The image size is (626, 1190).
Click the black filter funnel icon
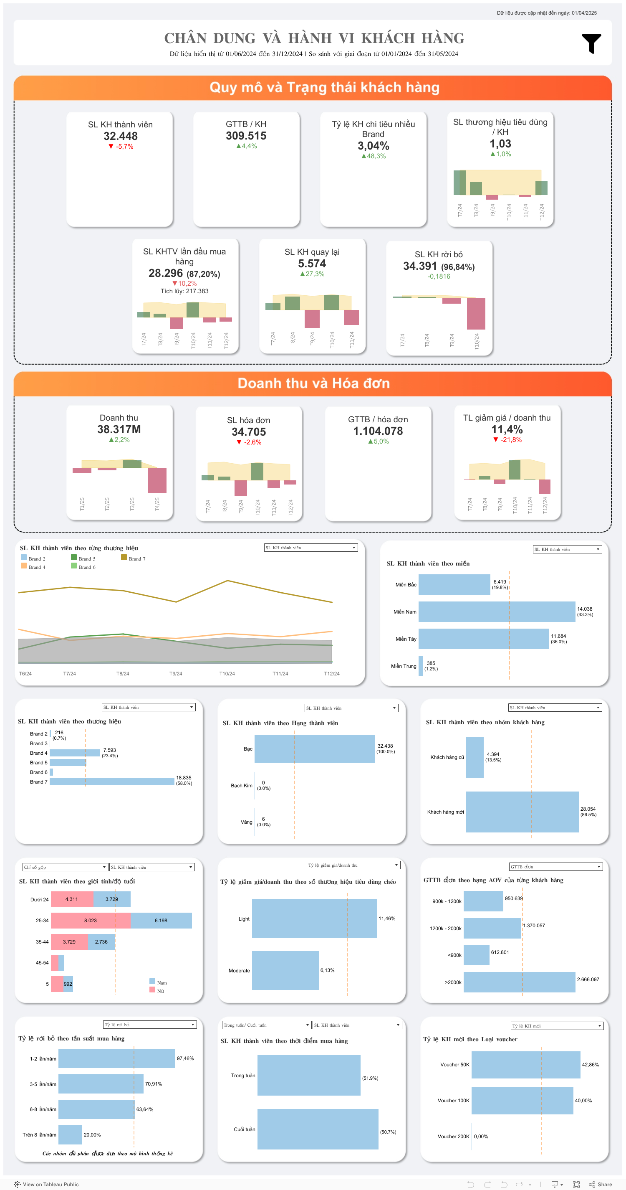[591, 43]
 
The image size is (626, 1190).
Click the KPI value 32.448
[121, 136]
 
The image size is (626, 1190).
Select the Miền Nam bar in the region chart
[497, 611]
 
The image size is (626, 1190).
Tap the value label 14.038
[584, 609]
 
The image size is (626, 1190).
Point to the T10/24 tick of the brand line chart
[227, 674]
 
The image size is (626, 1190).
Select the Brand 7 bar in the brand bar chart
[112, 781]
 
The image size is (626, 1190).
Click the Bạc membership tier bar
[314, 749]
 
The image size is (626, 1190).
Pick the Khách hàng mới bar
[522, 812]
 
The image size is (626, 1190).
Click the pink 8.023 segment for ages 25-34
[91, 920]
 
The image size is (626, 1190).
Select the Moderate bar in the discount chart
[285, 970]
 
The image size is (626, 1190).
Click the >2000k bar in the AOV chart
[519, 982]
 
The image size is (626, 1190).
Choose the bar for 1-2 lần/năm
[117, 1058]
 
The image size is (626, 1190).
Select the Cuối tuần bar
[318, 1129]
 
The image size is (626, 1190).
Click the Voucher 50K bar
[525, 1065]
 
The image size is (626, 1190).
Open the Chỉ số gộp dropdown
[65, 867]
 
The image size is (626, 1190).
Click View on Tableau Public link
[47, 1185]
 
